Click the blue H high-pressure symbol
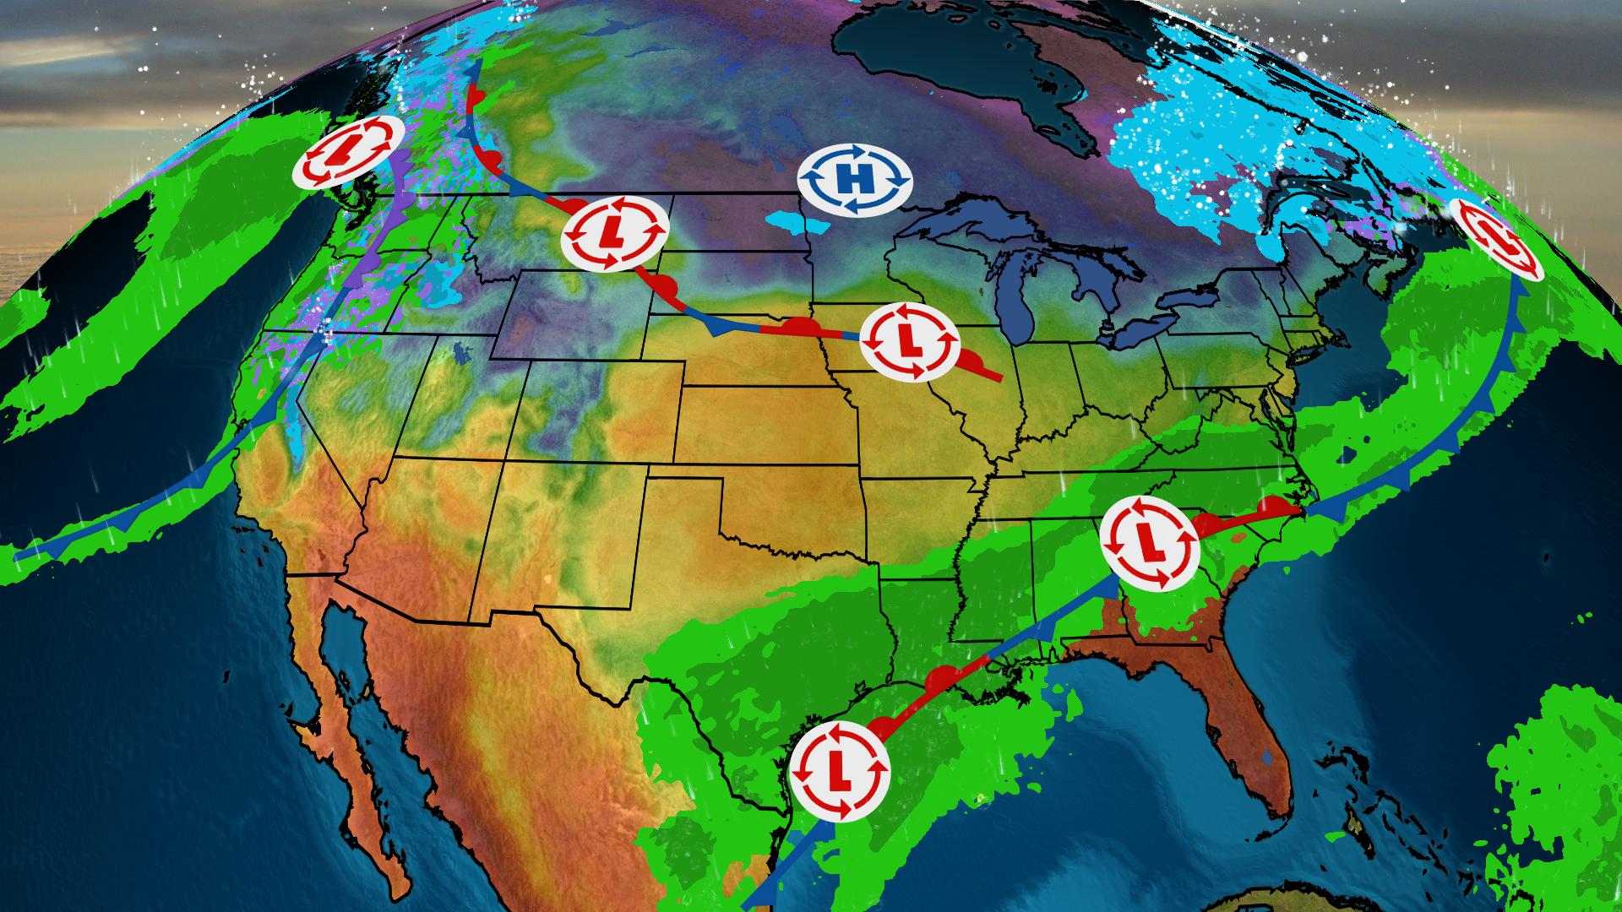pos(855,180)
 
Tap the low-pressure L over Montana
pos(614,233)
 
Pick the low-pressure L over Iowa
pos(910,341)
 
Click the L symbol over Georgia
pos(1150,543)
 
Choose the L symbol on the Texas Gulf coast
pos(839,771)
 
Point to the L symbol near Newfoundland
pos(1496,238)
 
